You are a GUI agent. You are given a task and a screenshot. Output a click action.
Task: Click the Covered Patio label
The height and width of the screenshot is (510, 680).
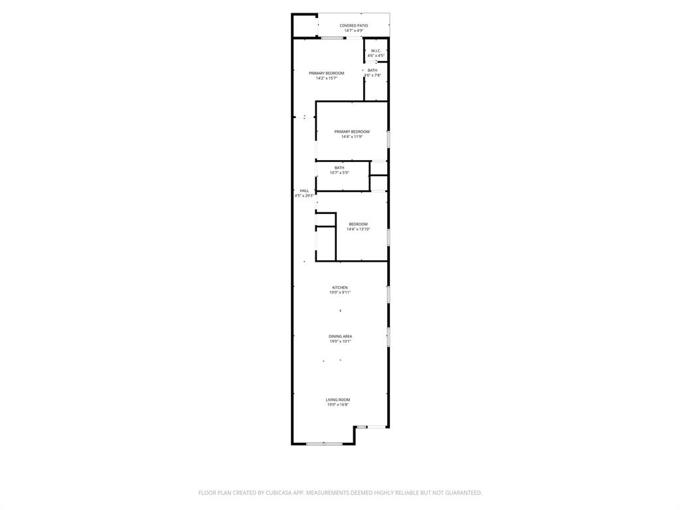click(x=353, y=26)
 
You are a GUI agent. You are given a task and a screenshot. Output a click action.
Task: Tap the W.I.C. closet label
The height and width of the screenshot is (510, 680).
click(x=376, y=51)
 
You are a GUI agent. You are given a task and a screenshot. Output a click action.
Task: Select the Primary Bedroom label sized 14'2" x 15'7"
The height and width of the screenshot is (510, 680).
click(x=326, y=73)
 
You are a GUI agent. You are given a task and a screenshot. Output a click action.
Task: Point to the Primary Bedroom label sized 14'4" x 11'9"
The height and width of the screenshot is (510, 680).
click(x=352, y=131)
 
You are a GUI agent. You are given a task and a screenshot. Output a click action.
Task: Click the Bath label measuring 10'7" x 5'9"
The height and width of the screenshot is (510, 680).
click(x=339, y=167)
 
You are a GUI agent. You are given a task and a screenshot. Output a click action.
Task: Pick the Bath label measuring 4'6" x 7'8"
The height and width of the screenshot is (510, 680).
click(x=373, y=70)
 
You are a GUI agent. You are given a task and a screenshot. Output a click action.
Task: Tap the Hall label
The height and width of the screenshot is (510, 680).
click(x=304, y=191)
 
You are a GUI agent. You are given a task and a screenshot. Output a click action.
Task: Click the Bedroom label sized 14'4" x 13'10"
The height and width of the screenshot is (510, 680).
click(x=358, y=224)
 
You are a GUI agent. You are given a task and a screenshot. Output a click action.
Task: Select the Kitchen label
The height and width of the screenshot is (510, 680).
click(x=340, y=288)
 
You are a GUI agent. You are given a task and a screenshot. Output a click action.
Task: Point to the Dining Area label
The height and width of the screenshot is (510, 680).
click(x=340, y=337)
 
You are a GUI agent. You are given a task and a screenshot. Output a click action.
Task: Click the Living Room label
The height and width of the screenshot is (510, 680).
click(x=338, y=400)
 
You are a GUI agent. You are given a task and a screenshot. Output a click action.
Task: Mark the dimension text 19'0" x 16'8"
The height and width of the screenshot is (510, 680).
click(x=338, y=404)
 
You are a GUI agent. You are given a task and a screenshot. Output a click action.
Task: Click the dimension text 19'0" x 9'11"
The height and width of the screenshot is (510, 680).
click(x=340, y=292)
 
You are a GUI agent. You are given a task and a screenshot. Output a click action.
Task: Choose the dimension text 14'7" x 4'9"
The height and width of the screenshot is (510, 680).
click(x=353, y=31)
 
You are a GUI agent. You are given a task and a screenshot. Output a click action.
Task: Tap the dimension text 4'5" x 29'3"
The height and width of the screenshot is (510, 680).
click(x=304, y=196)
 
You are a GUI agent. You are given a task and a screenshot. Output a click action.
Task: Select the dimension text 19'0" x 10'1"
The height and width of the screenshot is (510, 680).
click(x=340, y=341)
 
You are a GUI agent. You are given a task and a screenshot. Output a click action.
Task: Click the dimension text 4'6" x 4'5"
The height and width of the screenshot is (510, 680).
click(x=376, y=56)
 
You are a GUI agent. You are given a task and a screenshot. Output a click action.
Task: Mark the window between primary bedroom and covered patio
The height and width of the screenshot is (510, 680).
click(x=332, y=38)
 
